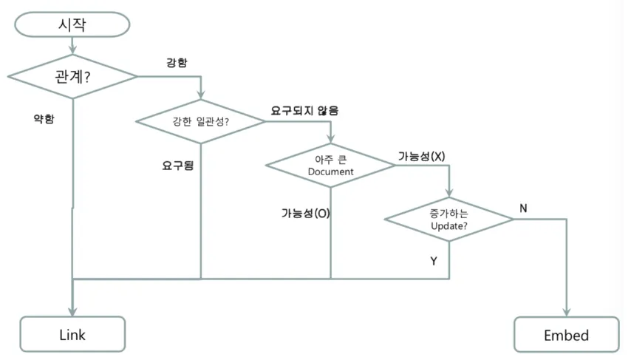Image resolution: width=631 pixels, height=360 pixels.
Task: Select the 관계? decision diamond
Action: [x=72, y=75]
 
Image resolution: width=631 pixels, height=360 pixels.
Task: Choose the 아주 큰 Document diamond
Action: [x=330, y=165]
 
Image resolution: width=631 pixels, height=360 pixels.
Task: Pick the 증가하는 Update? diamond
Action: [x=448, y=220]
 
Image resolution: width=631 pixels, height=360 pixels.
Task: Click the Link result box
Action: [x=72, y=335]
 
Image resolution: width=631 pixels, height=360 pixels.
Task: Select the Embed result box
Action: [x=567, y=335]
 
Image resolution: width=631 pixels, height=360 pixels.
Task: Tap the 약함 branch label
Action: [x=44, y=119]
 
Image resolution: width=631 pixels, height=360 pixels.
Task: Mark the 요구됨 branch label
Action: [x=178, y=166]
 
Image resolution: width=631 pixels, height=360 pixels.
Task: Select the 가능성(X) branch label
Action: [x=421, y=156]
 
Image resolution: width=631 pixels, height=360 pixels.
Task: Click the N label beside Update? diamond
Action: [x=523, y=208]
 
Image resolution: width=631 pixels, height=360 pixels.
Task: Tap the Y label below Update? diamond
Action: [x=434, y=261]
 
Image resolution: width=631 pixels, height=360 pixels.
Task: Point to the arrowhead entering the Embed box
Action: [x=567, y=313]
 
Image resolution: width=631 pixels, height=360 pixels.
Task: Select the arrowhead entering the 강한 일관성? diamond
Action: [x=201, y=95]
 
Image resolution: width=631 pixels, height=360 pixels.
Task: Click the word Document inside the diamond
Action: [x=330, y=171]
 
